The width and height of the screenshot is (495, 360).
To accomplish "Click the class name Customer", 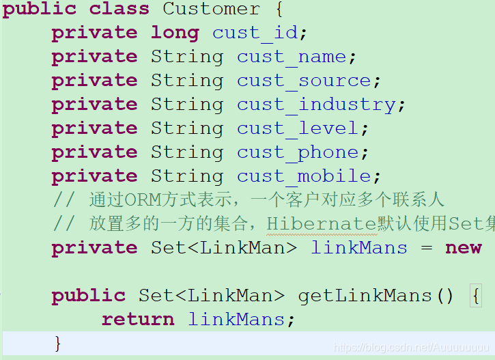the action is [211, 10].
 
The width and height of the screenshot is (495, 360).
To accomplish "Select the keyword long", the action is [175, 33].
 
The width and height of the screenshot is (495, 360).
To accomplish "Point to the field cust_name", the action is [292, 57].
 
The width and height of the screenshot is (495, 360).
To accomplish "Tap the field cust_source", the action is [304, 81].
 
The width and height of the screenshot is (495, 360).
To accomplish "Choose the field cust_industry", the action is [316, 105].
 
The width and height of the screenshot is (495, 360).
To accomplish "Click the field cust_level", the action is [298, 128].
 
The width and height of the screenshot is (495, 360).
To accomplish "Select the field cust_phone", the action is [298, 152].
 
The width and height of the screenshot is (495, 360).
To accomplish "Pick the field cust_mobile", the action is [304, 176].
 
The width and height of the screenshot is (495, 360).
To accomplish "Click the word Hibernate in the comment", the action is [322, 223].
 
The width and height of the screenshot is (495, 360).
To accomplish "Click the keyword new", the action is [464, 247].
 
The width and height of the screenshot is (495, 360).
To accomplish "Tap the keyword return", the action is [138, 319].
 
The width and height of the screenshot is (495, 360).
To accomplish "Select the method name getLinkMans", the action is [367, 296].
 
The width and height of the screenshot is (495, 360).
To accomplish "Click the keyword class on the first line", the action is [119, 10].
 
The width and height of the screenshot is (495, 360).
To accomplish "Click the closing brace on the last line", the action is [58, 342].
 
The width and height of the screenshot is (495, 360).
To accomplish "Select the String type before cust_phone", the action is [187, 152].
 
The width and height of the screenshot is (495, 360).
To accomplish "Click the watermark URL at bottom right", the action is [411, 348].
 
